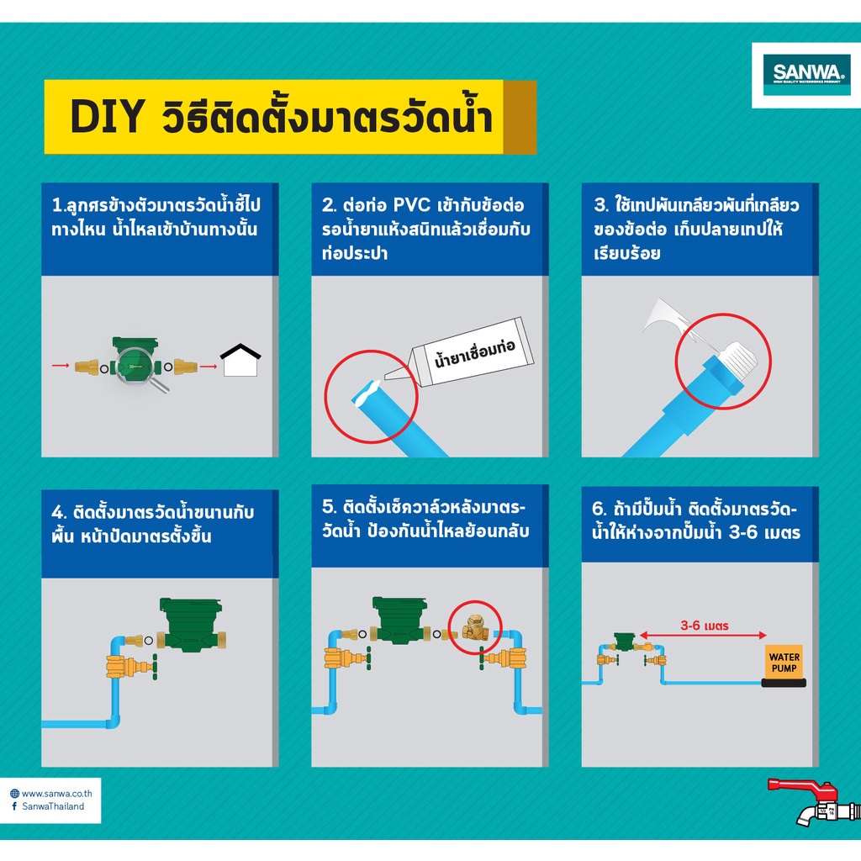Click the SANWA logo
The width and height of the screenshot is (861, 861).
(806, 75)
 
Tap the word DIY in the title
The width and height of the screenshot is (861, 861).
(108, 116)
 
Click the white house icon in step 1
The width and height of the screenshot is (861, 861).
(240, 360)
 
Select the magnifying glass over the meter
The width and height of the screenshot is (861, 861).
(140, 369)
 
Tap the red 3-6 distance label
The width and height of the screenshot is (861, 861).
(705, 626)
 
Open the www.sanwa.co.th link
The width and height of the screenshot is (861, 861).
(57, 794)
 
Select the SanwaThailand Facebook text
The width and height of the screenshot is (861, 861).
(53, 806)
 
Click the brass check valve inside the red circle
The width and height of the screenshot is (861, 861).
(475, 628)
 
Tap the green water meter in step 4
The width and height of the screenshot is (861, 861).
(191, 625)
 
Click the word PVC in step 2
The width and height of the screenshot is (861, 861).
(412, 205)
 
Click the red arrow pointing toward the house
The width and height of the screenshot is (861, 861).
(209, 367)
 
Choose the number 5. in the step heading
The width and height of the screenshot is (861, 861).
(329, 507)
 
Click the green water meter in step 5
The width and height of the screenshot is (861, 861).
(399, 620)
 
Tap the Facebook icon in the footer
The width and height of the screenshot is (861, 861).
(14, 806)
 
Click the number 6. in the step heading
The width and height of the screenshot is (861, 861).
(599, 509)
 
